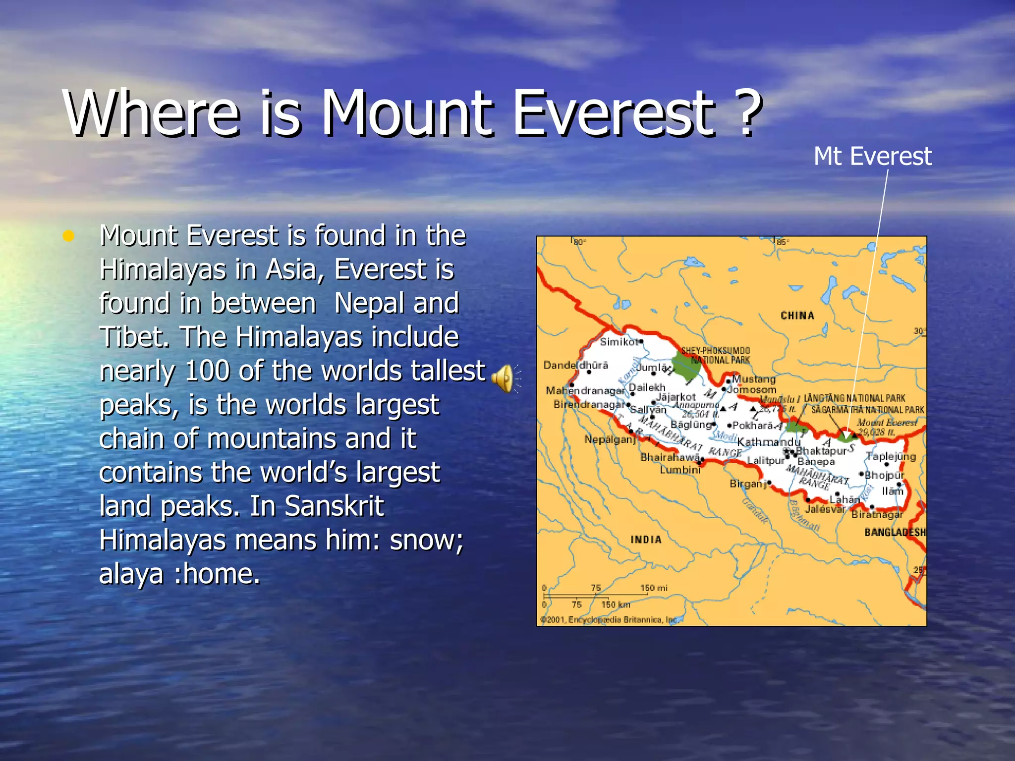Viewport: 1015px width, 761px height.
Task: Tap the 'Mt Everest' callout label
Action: click(x=872, y=157)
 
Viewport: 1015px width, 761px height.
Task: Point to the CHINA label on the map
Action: click(x=797, y=316)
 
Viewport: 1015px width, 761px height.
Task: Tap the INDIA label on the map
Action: click(x=646, y=540)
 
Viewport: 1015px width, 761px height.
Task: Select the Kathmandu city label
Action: click(x=768, y=442)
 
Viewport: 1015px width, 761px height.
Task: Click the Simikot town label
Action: click(x=619, y=342)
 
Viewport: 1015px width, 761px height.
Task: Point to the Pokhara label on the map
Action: click(x=752, y=425)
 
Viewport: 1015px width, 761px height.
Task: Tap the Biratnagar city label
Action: click(x=877, y=515)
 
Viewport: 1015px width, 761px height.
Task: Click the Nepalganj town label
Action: click(x=610, y=439)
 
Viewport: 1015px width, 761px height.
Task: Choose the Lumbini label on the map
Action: click(x=680, y=470)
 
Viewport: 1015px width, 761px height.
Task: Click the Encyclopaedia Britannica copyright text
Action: click(x=609, y=620)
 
